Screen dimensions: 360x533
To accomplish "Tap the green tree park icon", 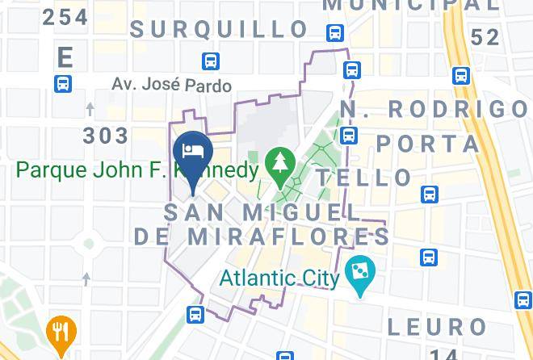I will point(280,164).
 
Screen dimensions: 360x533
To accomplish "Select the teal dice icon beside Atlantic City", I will point(356,269).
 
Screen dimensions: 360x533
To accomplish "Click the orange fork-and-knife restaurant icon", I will point(60,330).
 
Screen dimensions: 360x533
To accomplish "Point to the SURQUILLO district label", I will point(220,30).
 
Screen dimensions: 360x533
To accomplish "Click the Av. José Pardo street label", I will point(171,85).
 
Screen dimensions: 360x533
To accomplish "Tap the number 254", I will point(65,17).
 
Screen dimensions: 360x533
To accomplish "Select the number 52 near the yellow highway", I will point(485,37).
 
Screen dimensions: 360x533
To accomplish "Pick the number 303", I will point(106,135).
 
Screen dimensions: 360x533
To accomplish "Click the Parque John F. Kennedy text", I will point(138,170).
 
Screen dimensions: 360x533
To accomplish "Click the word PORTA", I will point(428,144).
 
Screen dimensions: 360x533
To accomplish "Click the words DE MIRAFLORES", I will point(261,236).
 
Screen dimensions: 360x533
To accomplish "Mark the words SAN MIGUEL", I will point(262,212).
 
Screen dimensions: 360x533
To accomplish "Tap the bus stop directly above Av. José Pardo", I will point(211,61).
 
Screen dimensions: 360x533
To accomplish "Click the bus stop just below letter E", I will point(63,83).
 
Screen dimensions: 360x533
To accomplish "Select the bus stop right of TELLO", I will point(430,194).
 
